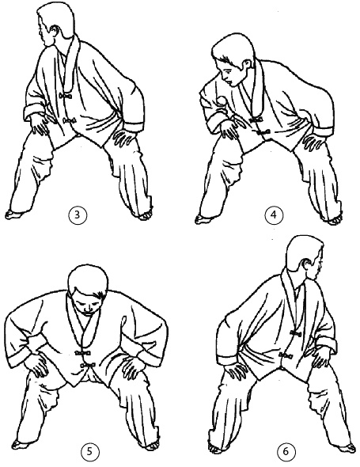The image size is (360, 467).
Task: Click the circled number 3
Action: point(77,215)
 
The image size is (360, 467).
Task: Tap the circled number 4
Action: point(274,215)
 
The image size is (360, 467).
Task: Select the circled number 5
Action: point(89,452)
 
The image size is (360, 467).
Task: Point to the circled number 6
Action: point(286,452)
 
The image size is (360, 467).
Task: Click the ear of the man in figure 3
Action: point(55,32)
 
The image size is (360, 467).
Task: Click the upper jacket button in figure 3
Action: point(66,96)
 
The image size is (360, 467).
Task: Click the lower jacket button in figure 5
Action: point(88,365)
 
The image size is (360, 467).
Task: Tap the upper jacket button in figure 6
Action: point(295,333)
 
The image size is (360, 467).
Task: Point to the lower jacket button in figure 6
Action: point(285,355)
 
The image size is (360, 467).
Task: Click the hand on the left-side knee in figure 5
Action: point(36,365)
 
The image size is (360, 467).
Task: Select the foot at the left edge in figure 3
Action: point(14,215)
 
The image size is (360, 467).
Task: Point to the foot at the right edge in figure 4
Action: point(334,221)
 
